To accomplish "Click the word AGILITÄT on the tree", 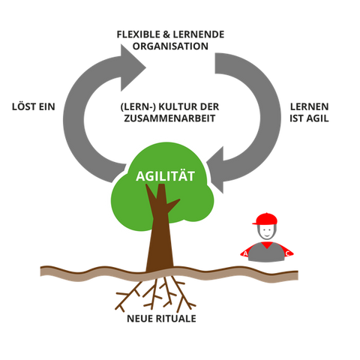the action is [165, 176].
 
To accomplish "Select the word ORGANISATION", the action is [170, 46].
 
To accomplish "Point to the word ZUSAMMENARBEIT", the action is [169, 118].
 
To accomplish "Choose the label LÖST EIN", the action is [34, 106].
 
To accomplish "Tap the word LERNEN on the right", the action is [309, 106].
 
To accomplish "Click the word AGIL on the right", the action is [317, 118].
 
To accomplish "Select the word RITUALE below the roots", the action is [175, 319].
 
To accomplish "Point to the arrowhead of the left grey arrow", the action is [133, 67].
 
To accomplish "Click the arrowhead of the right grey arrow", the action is [215, 170].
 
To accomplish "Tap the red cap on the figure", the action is [265, 219].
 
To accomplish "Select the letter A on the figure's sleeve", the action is [245, 254].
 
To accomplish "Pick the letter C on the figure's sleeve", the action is [287, 253].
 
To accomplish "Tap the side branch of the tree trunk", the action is [173, 205].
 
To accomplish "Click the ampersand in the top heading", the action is [166, 34].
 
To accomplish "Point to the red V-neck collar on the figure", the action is [267, 245].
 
